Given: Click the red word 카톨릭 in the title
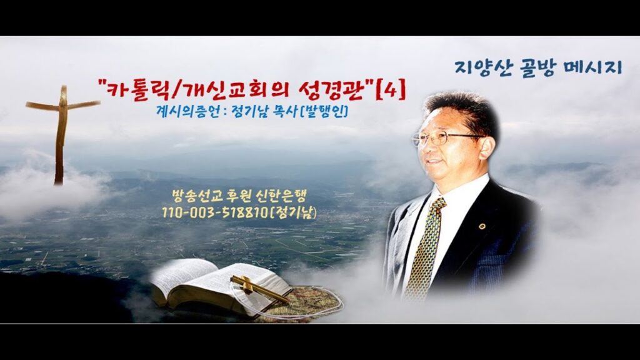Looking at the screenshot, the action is point(136,90).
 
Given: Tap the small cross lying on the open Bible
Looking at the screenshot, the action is point(259,288).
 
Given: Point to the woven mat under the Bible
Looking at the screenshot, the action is point(310,302).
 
